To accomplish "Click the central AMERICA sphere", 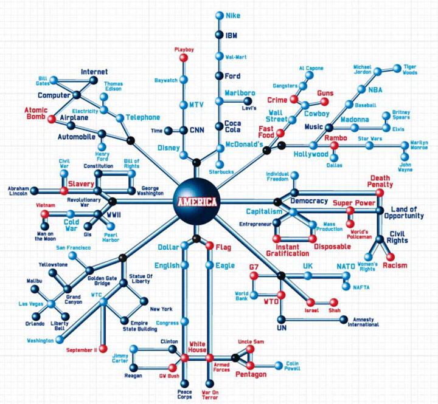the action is pos(196,202).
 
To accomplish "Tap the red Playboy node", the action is pos(184,58).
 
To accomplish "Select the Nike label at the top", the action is pos(233,16).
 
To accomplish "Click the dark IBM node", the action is pos(219,35).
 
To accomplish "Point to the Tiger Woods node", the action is pos(397,69).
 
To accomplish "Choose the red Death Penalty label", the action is pos(380,181).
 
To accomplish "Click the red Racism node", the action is pos(390,257).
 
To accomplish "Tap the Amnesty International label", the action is pos(363,322).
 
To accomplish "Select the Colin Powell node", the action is pos(279,366).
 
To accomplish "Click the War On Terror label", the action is pos(210,395).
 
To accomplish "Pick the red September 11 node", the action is pos(103,349).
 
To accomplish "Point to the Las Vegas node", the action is pos(51,304).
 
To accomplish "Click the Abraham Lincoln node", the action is pos(34,191).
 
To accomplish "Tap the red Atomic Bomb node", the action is pos(51,119).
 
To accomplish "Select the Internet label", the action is pos(94,72).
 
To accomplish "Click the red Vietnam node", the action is pos(44,214).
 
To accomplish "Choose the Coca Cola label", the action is pos(232,126).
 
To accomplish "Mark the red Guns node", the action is pos(324,101).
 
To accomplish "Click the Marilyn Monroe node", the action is pos(405,145).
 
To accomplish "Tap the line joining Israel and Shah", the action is pos(322,302).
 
